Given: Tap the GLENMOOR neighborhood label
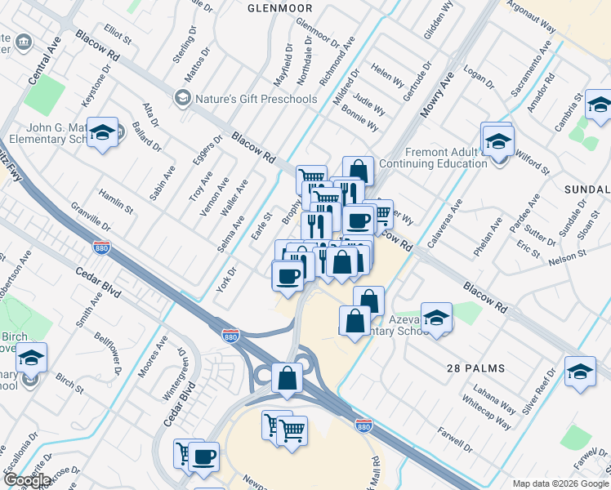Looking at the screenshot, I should click(279, 7).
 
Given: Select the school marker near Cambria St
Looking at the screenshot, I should click(598, 108).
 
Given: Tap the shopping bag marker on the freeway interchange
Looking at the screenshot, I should click(287, 378).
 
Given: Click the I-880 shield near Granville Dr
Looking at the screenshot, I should click(101, 246).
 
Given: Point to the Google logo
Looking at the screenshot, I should click(27, 479).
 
